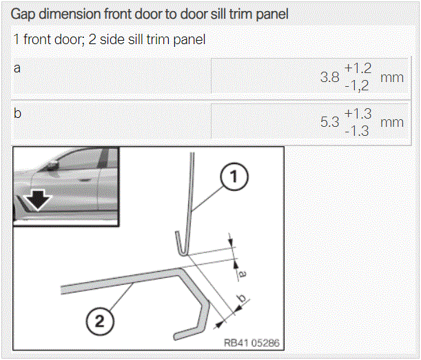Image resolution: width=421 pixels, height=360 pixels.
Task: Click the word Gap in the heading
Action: [x=23, y=14]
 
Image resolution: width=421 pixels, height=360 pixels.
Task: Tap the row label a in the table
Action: [x=17, y=68]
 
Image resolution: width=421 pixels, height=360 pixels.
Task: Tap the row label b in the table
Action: [x=17, y=113]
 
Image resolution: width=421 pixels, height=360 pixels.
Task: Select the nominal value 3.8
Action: [x=330, y=77]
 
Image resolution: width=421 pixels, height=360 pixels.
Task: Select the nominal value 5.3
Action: [x=330, y=122]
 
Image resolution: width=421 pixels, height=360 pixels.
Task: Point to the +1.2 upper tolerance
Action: [x=358, y=68]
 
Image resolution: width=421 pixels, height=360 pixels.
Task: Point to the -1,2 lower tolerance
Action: [x=357, y=86]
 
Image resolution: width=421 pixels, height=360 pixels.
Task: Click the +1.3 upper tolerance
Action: [x=358, y=113]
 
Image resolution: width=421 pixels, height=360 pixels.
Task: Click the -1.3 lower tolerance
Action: [x=357, y=131]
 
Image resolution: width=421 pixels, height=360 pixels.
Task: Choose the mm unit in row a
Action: [x=392, y=78]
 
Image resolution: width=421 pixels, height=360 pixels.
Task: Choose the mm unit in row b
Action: [x=392, y=123]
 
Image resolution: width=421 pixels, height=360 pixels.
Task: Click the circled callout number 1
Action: [x=234, y=177]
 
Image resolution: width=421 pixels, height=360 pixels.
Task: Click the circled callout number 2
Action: [x=100, y=321]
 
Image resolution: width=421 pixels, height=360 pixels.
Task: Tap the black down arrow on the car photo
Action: [x=38, y=199]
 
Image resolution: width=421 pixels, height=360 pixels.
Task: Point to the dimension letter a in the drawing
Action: [x=242, y=274]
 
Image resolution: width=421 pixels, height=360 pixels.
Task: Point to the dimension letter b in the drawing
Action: [x=242, y=298]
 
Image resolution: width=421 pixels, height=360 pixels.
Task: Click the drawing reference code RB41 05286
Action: [x=251, y=343]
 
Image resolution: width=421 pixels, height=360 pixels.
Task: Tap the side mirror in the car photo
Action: [x=52, y=166]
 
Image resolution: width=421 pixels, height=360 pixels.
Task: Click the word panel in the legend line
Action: [x=189, y=40]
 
